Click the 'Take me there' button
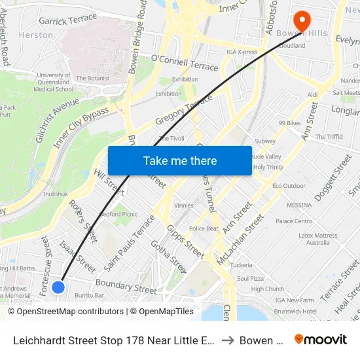coord(180,161)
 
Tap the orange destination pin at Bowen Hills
coord(302,20)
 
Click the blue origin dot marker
coord(58,287)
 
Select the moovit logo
coord(321,339)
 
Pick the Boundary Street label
coord(126,286)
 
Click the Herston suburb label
coord(36,35)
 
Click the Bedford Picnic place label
coord(118,214)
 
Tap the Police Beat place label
coord(204,228)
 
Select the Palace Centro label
coord(294,221)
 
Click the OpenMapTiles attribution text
coord(162,312)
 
